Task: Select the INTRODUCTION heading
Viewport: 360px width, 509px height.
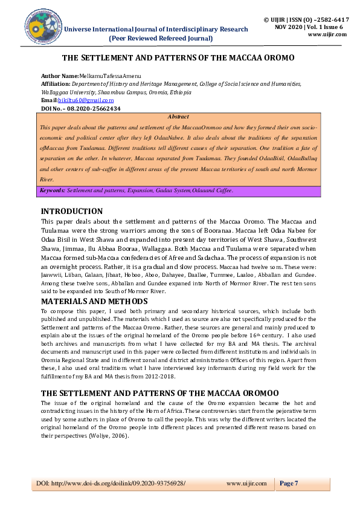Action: (x=71, y=211)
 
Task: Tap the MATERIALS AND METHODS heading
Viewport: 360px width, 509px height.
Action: (x=94, y=301)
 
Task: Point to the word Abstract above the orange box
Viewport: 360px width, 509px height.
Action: (x=178, y=117)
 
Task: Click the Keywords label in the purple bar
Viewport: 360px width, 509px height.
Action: (x=53, y=190)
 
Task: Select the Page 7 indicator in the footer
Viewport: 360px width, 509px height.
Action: (x=289, y=483)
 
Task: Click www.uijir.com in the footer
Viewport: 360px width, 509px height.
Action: (x=246, y=483)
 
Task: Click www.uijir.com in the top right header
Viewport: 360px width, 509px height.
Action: (x=327, y=34)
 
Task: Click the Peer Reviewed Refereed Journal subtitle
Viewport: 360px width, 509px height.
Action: (x=160, y=38)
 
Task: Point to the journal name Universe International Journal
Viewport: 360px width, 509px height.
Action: (x=156, y=29)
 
